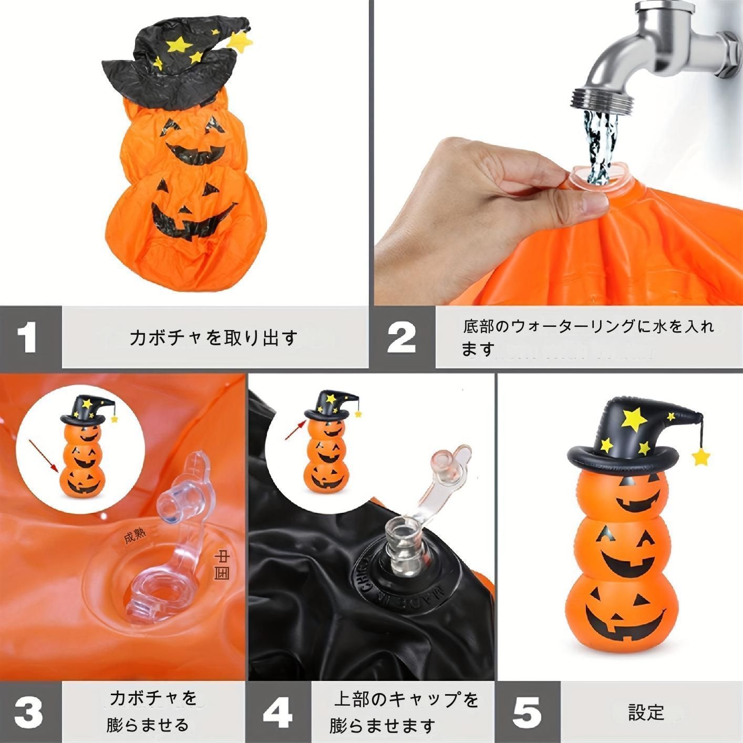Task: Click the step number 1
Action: click(x=27, y=337)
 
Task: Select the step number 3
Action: click(x=28, y=712)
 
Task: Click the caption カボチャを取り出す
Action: click(x=213, y=337)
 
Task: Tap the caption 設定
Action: click(x=646, y=712)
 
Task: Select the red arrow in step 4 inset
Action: click(x=296, y=429)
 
